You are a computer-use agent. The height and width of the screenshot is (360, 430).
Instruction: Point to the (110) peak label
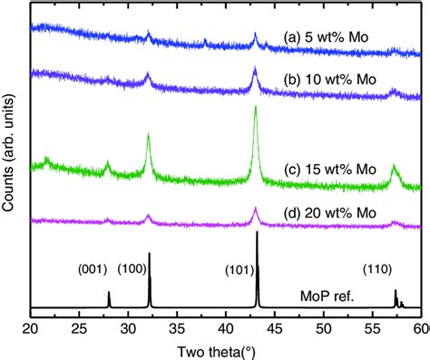[x=377, y=268]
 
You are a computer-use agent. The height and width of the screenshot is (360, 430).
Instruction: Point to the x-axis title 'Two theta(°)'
[x=227, y=350]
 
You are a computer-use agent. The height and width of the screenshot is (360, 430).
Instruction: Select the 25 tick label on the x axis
[x=80, y=327]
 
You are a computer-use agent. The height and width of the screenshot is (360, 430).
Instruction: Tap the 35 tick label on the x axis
[x=178, y=327]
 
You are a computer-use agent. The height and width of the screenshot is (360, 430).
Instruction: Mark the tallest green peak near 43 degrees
[x=256, y=109]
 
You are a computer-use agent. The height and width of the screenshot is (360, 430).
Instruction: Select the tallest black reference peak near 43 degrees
[x=258, y=234]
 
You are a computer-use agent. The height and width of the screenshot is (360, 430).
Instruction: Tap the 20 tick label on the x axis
[x=31, y=327]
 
